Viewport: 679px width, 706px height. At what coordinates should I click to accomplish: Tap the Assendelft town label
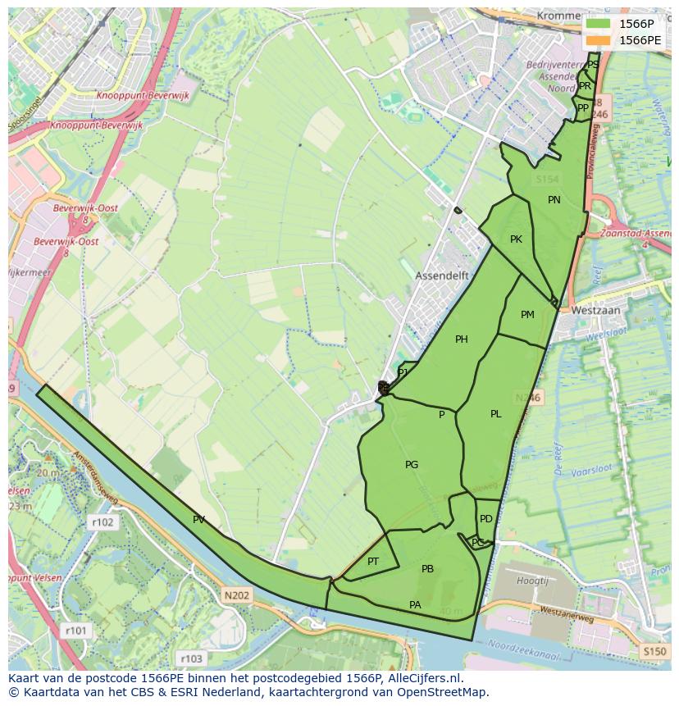pyautogui.click(x=442, y=276)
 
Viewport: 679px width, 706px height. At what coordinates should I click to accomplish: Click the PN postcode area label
pyautogui.click(x=554, y=200)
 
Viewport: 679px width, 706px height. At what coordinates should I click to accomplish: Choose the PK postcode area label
pyautogui.click(x=516, y=239)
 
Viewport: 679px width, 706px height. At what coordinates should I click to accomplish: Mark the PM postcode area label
pyautogui.click(x=527, y=315)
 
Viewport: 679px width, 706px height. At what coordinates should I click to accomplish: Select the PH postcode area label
pyautogui.click(x=462, y=339)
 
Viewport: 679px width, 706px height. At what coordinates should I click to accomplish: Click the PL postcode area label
pyautogui.click(x=495, y=414)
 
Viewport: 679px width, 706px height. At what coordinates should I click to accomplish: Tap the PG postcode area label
pyautogui.click(x=412, y=465)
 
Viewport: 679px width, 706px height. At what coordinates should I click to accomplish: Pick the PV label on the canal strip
pyautogui.click(x=198, y=520)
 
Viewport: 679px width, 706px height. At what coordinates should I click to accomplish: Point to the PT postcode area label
pyautogui.click(x=373, y=562)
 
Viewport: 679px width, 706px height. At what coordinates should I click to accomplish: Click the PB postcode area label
pyautogui.click(x=427, y=569)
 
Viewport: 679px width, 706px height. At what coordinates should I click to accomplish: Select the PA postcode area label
pyautogui.click(x=415, y=605)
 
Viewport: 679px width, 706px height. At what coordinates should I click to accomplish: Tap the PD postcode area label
pyautogui.click(x=486, y=519)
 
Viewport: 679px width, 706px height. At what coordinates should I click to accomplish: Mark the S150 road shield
pyautogui.click(x=654, y=651)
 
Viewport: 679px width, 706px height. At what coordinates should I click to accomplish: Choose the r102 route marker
pyautogui.click(x=103, y=522)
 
